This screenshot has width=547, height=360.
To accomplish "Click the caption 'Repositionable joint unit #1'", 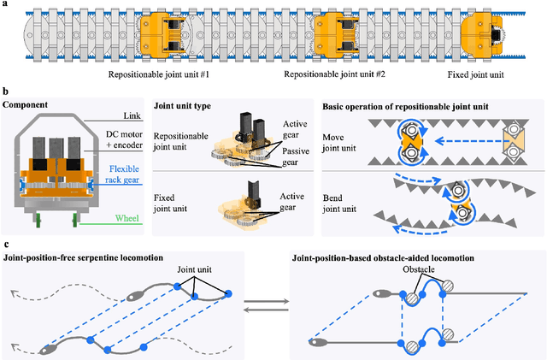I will click(x=169, y=75).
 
